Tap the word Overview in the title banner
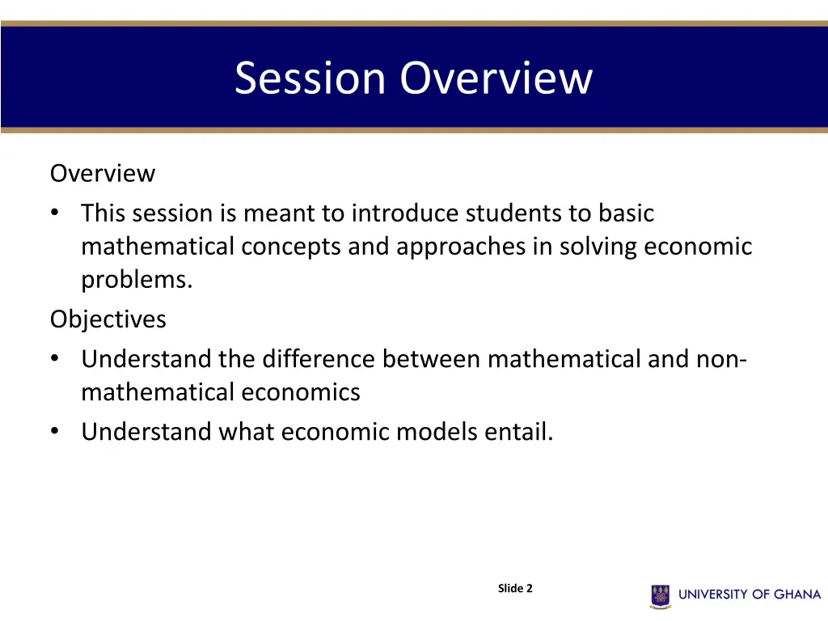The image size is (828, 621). click(x=496, y=78)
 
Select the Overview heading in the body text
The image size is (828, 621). click(x=103, y=173)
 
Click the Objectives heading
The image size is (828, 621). click(x=108, y=319)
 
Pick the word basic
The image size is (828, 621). click(x=626, y=213)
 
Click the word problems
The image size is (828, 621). click(x=136, y=280)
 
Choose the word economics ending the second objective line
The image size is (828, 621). click(x=300, y=392)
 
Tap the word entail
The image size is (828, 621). click(x=519, y=432)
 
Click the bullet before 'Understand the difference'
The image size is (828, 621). click(x=54, y=358)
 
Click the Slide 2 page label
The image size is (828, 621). click(x=515, y=589)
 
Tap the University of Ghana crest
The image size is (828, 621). click(x=661, y=595)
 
